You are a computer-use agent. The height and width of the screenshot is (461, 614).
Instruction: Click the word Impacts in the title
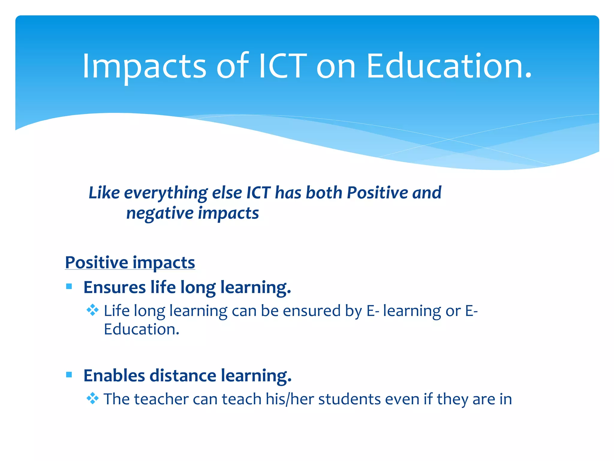point(144,67)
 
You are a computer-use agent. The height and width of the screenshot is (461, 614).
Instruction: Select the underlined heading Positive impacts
point(130,263)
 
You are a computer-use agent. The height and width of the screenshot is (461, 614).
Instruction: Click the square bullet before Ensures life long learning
point(69,286)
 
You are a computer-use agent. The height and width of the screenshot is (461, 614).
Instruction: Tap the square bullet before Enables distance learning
point(69,375)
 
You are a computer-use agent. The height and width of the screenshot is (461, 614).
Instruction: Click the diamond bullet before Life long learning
point(92,310)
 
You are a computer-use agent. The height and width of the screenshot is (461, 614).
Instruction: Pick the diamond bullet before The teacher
point(92,399)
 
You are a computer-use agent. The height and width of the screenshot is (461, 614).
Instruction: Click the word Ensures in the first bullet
point(115,287)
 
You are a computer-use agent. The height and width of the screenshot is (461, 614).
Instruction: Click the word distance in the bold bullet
point(183,375)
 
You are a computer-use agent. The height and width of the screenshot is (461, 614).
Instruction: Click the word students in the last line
point(349,399)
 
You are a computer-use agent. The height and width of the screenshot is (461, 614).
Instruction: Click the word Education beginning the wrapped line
point(141,330)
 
